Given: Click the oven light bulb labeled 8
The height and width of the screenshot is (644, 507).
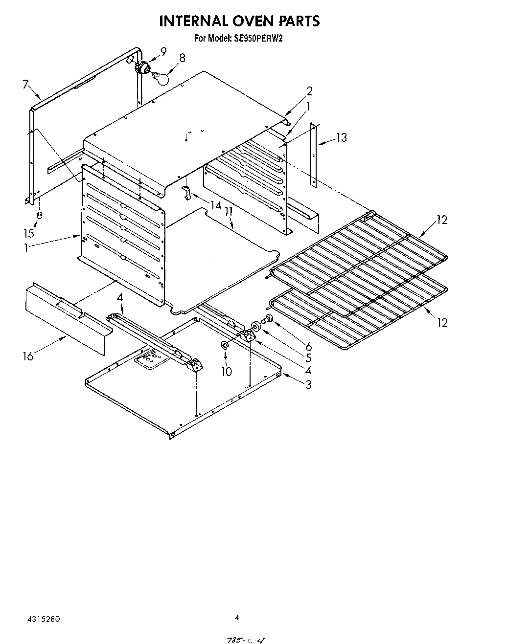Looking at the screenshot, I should point(161,77).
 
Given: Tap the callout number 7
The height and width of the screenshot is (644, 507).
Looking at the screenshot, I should point(26,84).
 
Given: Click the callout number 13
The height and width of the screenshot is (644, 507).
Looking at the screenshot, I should point(341,137).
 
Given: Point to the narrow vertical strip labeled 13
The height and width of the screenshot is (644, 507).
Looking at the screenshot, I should point(314,155).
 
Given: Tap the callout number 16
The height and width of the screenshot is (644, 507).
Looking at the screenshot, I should point(28,356).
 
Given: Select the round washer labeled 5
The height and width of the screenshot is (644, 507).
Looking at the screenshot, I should point(256,326).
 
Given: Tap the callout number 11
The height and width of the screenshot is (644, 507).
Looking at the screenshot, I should point(228,211).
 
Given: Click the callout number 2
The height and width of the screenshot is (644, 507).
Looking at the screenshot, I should point(309,91).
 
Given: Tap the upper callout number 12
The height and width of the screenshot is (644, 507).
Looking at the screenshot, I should point(442,220).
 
